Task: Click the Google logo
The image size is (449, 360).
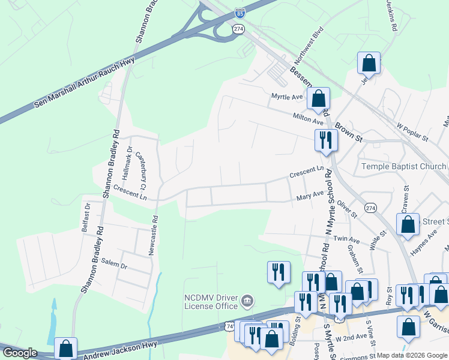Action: (x=20, y=353)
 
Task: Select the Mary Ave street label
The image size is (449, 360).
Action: (x=310, y=196)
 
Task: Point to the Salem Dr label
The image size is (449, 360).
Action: (x=115, y=265)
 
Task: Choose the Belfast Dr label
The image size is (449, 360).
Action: (x=86, y=217)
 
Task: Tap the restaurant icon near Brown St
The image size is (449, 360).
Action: (x=326, y=140)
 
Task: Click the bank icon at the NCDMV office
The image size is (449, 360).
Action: (x=247, y=300)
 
